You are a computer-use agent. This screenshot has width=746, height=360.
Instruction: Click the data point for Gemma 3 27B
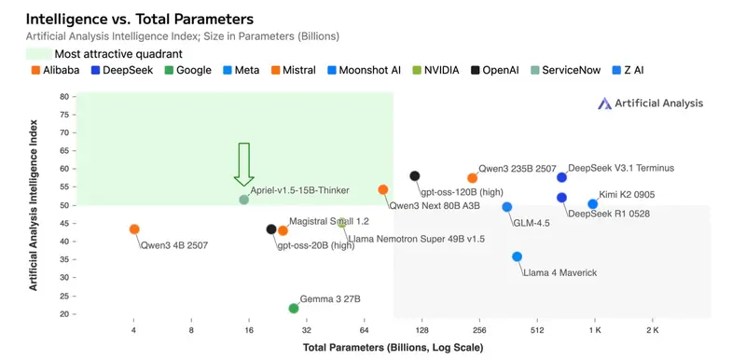[x=294, y=309]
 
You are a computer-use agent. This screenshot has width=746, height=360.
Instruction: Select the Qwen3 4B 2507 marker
[x=134, y=229]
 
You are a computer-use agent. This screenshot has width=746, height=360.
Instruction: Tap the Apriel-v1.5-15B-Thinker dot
[x=244, y=200]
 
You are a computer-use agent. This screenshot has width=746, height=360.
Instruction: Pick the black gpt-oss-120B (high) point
[x=415, y=176]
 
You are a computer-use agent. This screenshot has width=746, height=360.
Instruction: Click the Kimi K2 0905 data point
[x=593, y=204]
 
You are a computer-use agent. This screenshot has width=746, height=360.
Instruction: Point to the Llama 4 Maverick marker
[x=518, y=256]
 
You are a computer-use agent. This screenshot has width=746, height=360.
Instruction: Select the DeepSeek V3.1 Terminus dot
[x=561, y=177]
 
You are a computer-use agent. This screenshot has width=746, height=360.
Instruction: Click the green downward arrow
[x=244, y=164]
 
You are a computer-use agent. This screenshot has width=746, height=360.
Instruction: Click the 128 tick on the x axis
[x=421, y=330]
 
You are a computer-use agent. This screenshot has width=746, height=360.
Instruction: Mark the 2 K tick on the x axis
[x=652, y=330]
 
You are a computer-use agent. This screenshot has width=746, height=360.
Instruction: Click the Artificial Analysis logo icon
[x=603, y=104]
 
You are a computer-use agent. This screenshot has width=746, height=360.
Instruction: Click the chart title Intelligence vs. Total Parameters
[x=141, y=19]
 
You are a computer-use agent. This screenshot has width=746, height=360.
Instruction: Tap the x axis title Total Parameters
[x=393, y=348]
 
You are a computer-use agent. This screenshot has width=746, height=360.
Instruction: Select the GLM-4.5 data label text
[x=531, y=223]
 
